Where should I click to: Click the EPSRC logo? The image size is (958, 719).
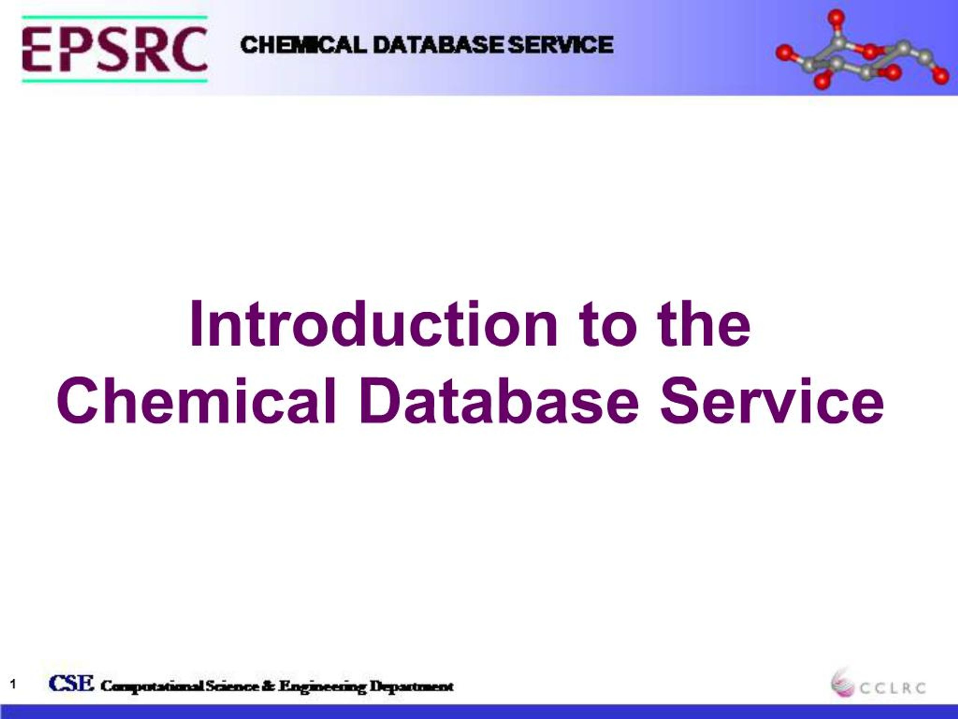pos(115,49)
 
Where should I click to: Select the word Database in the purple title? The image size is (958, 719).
pos(498,401)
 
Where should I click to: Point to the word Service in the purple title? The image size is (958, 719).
pos(771,401)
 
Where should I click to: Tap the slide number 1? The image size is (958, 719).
pos(13,685)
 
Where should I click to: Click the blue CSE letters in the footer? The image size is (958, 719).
pos(71,683)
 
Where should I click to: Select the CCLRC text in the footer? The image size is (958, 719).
pos(892,688)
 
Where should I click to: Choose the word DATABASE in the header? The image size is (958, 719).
pos(438,45)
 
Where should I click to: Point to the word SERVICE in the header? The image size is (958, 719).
pos(561,45)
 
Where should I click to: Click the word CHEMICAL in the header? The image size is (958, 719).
pos(303,45)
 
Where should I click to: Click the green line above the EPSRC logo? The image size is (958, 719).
pos(115,18)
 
